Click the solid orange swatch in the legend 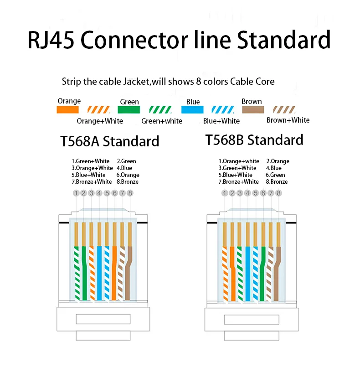(x=67, y=110)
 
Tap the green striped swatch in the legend (x=160, y=110)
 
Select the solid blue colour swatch (x=192, y=110)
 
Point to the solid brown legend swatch (x=253, y=110)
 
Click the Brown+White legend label (x=288, y=120)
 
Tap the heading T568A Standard (x=109, y=141)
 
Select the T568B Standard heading (x=254, y=140)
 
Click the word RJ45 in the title (x=51, y=40)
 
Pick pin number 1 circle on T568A (x=76, y=193)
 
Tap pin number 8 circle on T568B (x=278, y=193)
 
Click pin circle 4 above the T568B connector (x=247, y=193)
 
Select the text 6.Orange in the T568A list (x=128, y=175)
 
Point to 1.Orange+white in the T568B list (x=239, y=161)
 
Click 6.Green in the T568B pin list (x=275, y=175)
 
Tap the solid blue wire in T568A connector (x=99, y=273)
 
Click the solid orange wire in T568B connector (x=232, y=274)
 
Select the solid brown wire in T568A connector (x=129, y=273)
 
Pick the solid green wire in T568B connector (x=262, y=274)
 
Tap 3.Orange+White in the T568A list (x=92, y=168)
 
